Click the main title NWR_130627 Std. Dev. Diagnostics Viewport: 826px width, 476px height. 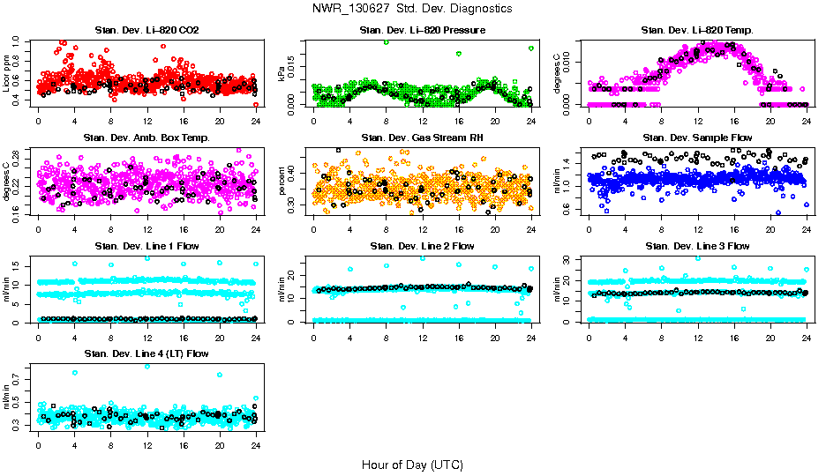[x=412, y=8]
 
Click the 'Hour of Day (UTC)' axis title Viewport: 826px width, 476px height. [x=412, y=465]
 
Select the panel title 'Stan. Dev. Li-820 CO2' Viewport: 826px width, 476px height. [x=146, y=31]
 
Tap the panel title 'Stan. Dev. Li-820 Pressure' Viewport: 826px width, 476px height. [x=422, y=31]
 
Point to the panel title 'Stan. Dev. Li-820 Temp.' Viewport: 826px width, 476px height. [x=697, y=31]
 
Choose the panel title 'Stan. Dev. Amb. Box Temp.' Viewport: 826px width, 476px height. [x=146, y=138]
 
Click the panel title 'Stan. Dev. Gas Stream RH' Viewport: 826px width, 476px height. [x=422, y=138]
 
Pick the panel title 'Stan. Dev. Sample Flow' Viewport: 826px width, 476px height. [x=697, y=138]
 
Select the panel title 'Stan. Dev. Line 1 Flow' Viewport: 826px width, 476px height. [x=146, y=246]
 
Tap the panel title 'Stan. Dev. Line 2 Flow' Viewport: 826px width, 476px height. [x=422, y=246]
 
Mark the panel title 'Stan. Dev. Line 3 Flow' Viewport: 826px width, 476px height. [x=697, y=246]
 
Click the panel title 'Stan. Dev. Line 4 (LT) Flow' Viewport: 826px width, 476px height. [x=146, y=353]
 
